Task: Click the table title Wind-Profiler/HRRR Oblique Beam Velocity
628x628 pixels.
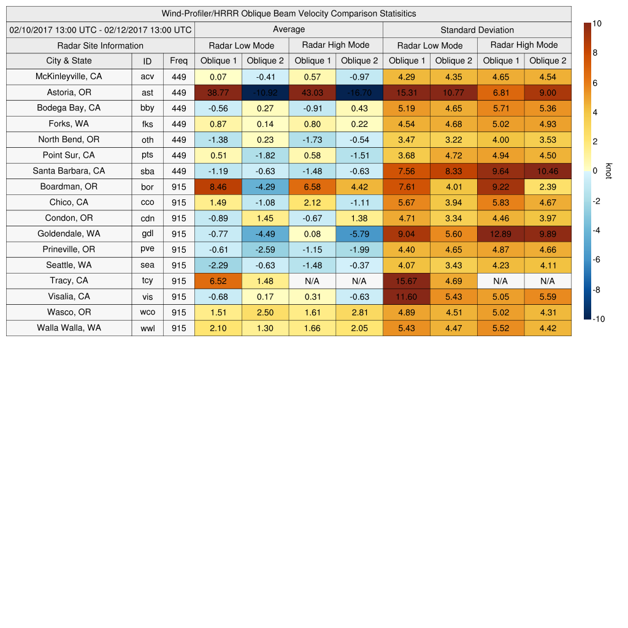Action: coord(289,13)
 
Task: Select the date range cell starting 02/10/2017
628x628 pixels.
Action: coord(101,29)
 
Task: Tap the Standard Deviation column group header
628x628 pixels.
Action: coord(477,29)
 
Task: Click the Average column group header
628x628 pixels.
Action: coord(289,29)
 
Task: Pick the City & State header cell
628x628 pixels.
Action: coord(69,61)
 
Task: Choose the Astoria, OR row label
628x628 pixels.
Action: coord(69,92)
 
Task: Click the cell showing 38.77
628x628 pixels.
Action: coord(218,92)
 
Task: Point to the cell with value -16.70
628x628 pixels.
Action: coord(359,92)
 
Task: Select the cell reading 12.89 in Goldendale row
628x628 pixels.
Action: coord(500,234)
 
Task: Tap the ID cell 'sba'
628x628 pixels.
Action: coord(147,171)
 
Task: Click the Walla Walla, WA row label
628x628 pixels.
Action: coord(69,328)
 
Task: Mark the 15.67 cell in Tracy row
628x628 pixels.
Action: coord(406,281)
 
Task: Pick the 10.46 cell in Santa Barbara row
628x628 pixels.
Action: coord(548,171)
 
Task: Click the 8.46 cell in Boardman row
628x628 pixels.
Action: coord(218,186)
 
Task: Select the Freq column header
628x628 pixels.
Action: coord(178,61)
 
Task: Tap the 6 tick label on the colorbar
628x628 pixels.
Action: coord(595,83)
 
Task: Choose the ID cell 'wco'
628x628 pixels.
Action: coord(147,312)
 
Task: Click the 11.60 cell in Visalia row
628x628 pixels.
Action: coord(406,297)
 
